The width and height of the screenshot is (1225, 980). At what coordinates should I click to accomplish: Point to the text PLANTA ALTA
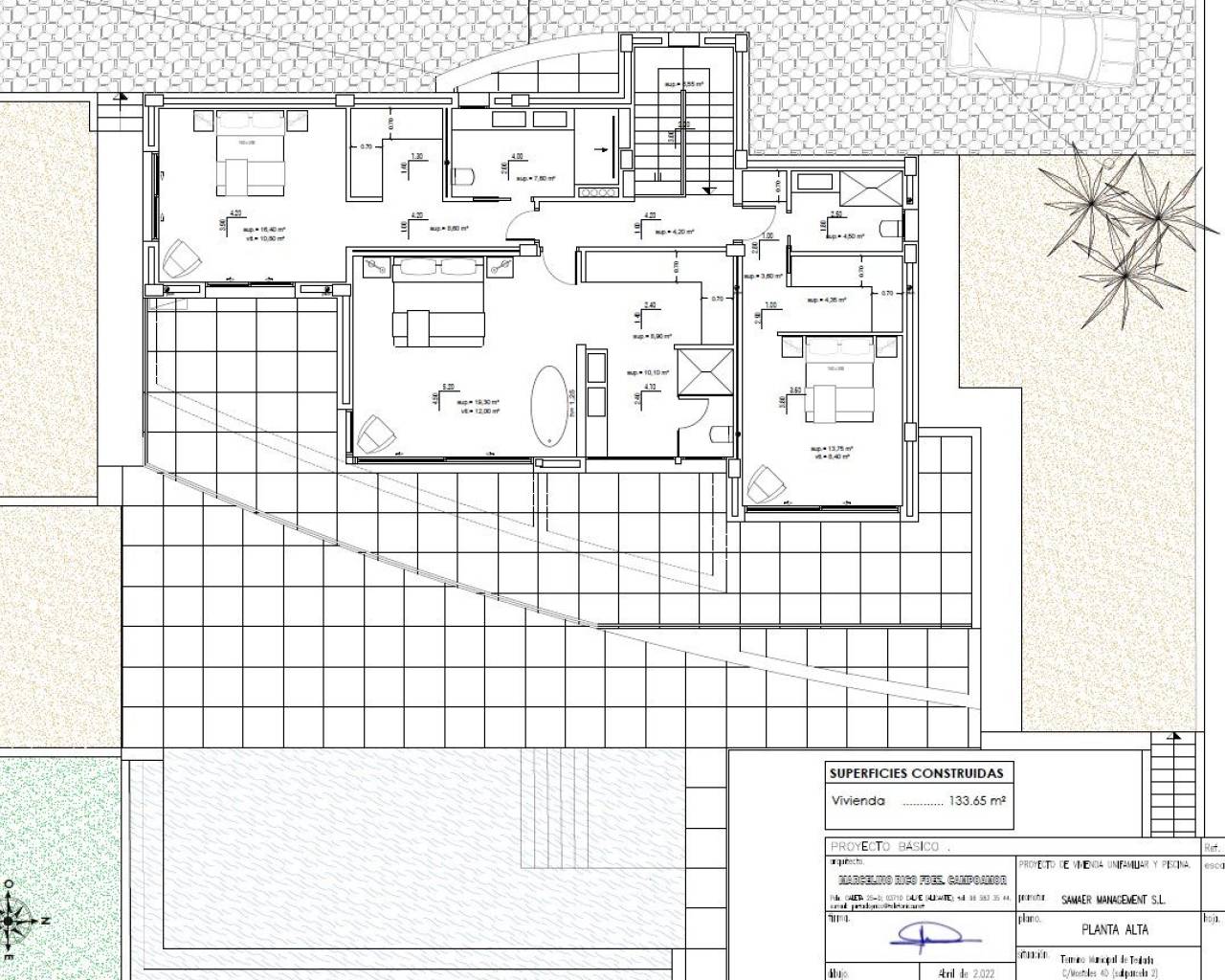pos(1115,928)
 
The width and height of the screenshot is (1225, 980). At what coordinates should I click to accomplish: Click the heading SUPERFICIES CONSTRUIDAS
pos(917,773)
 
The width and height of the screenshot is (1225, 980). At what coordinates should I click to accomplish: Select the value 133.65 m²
pos(976,801)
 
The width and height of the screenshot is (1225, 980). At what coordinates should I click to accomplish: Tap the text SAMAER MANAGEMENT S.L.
pos(1113,900)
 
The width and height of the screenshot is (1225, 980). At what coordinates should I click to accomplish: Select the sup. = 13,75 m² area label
pos(831,448)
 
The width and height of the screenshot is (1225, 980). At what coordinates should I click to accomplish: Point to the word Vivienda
pos(858,801)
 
